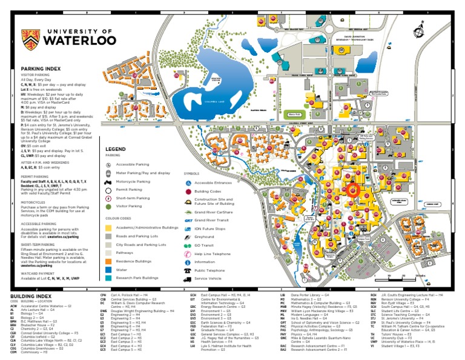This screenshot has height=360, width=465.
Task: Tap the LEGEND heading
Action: coord(115,149)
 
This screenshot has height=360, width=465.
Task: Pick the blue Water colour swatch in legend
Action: coord(109,268)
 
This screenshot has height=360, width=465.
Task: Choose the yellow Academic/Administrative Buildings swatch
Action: coord(109,226)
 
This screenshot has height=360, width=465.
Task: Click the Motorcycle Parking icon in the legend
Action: coord(109,181)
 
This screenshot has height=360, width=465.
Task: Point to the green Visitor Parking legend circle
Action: coord(109,206)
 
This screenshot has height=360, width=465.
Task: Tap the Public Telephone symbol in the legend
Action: coord(188,271)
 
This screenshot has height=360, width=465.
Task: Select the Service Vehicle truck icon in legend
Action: coord(188,279)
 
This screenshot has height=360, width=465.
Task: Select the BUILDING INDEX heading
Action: coord(27,295)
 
